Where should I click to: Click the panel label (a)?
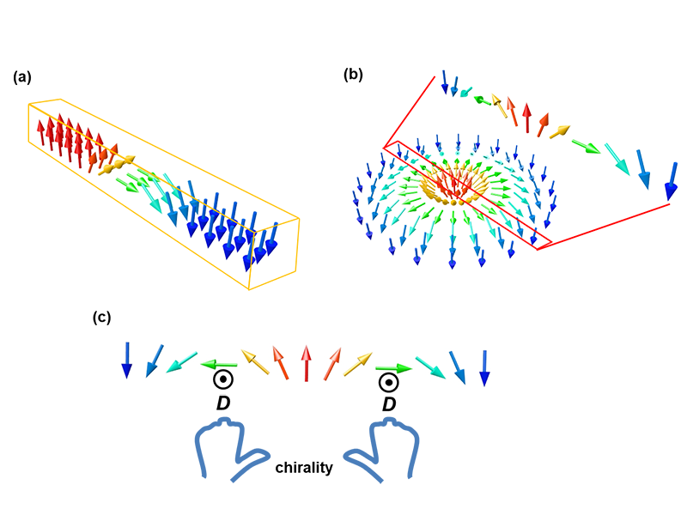coord(22,78)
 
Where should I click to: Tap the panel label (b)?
coord(352,75)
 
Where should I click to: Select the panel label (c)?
coord(101,318)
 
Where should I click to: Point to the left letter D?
coord(222,403)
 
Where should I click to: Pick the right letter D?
coord(389,403)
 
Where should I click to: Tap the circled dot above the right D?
coord(389,381)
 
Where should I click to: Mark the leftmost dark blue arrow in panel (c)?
coord(127,360)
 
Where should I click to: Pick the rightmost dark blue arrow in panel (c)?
coord(484,367)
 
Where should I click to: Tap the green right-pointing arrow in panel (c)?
coord(395,368)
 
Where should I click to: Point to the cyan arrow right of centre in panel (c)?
coord(429,367)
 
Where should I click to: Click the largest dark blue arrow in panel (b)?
coord(671,185)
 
